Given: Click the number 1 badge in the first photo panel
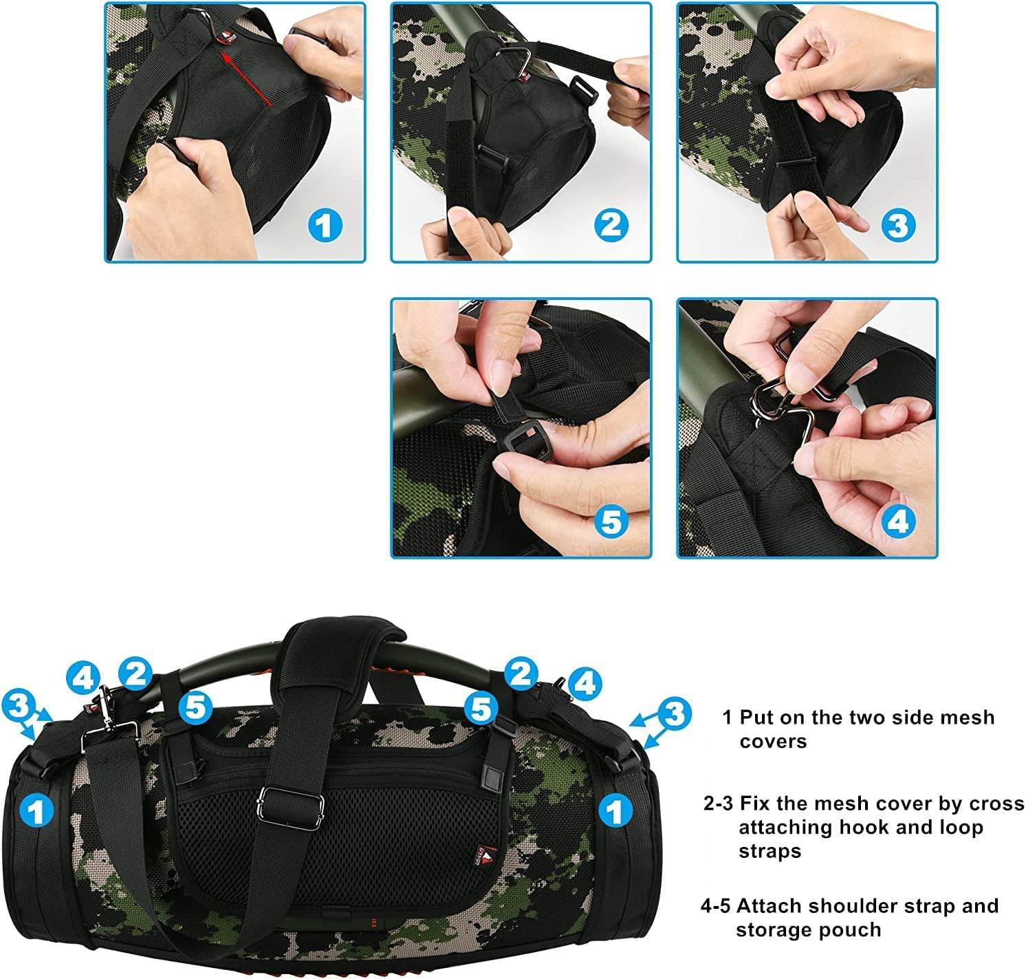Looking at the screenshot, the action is pyautogui.click(x=325, y=226).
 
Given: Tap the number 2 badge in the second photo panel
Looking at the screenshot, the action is pyautogui.click(x=611, y=226).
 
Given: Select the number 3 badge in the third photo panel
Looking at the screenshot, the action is pyautogui.click(x=898, y=226).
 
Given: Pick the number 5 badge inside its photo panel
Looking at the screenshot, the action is pyautogui.click(x=611, y=521).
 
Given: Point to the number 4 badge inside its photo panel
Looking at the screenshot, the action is pyautogui.click(x=898, y=521).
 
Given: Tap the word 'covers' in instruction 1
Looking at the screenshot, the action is pyautogui.click(x=773, y=742).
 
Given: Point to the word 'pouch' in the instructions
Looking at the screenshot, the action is pyautogui.click(x=853, y=931).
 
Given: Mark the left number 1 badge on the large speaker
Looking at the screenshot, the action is pyautogui.click(x=36, y=811).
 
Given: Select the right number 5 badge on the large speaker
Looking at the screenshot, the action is pyautogui.click(x=481, y=709).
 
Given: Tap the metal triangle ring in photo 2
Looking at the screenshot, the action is pyautogui.click(x=512, y=60).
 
